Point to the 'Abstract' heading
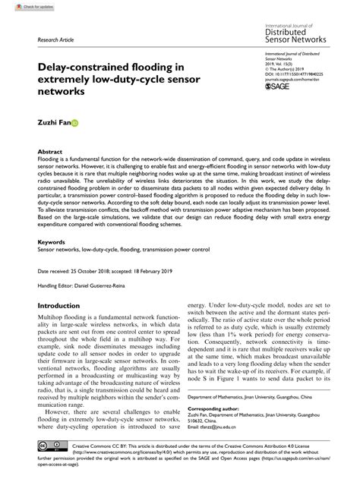pos(50,151)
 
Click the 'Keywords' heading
pos(51,242)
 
